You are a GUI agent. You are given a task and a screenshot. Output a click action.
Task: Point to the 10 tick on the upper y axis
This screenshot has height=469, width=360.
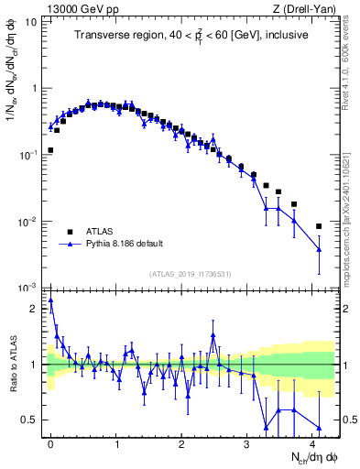coord(31,21)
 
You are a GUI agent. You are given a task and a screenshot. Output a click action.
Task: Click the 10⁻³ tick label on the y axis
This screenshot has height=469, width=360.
coord(27,289)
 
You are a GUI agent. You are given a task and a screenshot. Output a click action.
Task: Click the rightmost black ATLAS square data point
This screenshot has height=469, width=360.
coord(319,226)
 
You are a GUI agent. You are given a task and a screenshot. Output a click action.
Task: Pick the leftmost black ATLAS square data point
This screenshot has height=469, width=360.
coord(50,150)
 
